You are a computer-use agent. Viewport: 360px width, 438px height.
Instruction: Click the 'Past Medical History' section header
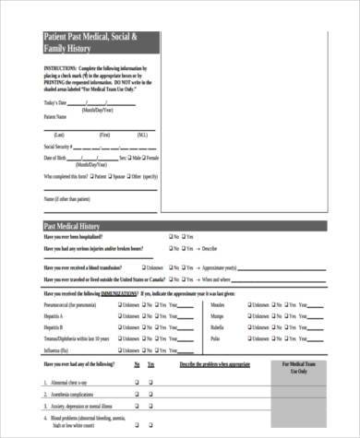pos(74,226)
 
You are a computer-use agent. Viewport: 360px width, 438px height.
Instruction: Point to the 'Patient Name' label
pos(55,117)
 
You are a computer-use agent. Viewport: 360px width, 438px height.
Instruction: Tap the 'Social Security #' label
pos(57,147)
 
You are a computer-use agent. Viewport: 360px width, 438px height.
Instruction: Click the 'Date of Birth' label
pos(55,159)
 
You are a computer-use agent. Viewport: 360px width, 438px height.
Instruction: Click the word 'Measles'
pos(218,303)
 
